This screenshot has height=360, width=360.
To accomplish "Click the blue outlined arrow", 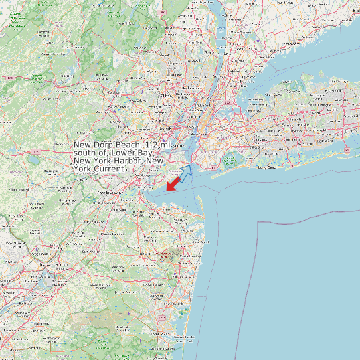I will (x=185, y=172).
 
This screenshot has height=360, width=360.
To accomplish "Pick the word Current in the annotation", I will (x=107, y=169).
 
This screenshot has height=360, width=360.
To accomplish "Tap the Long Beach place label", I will (x=267, y=167).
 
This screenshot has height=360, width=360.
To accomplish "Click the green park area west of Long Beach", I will (x=230, y=160).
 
